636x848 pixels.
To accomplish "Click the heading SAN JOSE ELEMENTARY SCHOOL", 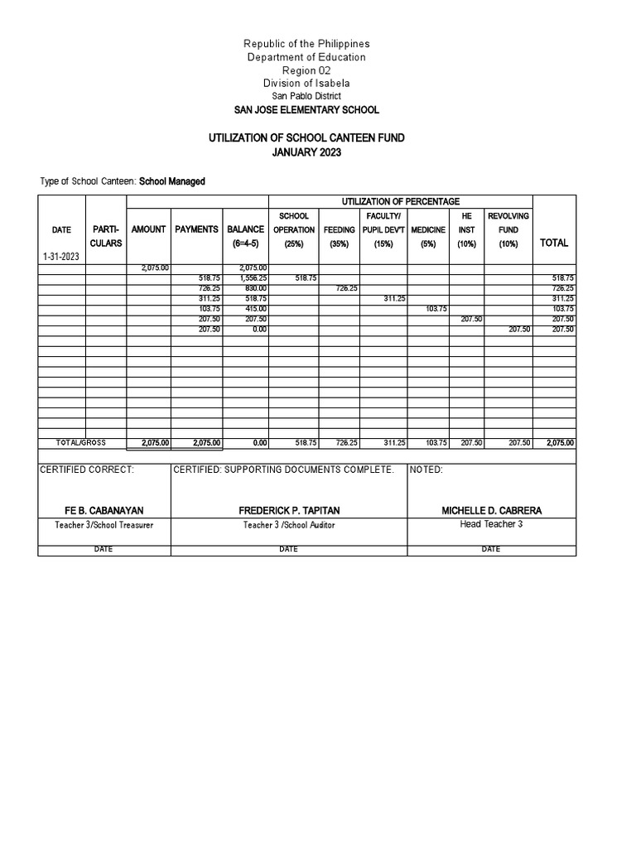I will [306, 109].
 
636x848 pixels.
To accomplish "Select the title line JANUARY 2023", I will [306, 152].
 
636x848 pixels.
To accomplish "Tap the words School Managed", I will [172, 181].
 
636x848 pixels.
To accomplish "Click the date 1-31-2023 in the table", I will [61, 258].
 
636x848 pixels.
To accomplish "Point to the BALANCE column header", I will [246, 229].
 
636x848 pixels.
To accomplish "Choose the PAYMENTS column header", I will [197, 229].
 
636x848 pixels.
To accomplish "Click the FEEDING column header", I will [340, 229].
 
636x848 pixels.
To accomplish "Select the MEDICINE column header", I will [428, 229].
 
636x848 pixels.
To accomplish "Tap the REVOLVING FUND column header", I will [508, 222].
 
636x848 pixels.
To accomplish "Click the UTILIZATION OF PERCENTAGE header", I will [401, 201].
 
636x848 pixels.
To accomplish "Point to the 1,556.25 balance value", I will [251, 278].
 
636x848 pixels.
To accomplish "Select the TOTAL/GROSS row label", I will [81, 443].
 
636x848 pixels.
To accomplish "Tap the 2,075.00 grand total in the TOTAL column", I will [560, 443].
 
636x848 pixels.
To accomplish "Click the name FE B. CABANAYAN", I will [104, 510].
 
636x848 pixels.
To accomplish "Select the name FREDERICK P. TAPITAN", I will [288, 510].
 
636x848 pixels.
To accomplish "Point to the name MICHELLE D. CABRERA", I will [491, 510].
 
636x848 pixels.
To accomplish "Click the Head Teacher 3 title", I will [491, 524].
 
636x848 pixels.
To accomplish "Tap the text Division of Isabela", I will [306, 83].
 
